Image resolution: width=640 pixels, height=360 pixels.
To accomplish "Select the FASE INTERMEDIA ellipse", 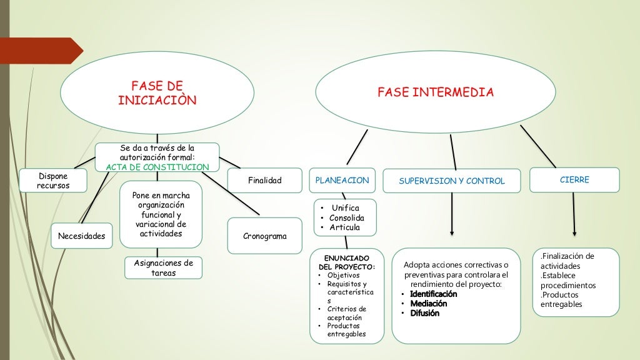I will point(435,92).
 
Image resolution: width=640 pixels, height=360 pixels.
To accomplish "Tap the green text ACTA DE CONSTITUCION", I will point(157,167).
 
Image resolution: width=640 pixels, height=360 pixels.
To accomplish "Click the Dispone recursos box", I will point(53,181).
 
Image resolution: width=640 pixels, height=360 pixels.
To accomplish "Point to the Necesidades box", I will point(81,236).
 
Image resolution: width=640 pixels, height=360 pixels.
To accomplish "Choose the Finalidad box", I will point(264,181).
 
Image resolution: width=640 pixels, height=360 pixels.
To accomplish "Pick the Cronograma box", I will point(264,236).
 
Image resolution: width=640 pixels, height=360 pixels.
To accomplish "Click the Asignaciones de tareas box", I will point(163,267).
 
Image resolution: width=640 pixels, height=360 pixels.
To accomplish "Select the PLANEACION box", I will point(342,180).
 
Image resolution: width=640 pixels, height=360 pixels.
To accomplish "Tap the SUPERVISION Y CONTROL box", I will point(451,181).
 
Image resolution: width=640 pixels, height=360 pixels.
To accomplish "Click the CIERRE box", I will point(574,179).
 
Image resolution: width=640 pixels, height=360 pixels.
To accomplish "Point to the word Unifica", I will point(346,207).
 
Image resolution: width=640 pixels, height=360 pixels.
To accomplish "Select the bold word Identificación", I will point(433,294).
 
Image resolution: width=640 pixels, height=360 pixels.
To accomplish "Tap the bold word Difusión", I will point(424,313).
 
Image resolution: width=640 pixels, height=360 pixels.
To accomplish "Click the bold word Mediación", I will point(428,304).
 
